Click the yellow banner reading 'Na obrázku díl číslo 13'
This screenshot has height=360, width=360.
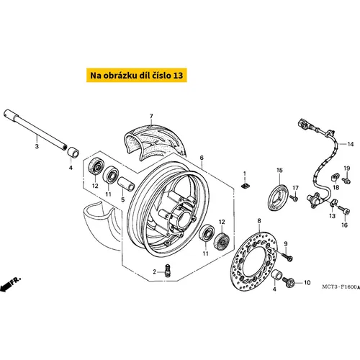coord(137,75)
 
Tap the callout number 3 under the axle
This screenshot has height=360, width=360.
coord(37,146)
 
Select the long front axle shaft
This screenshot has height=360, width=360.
coord(35,130)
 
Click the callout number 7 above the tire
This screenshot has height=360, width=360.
coord(151,116)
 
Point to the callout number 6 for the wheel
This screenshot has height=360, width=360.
coord(202,158)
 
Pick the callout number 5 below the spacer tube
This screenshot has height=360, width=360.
coord(123,199)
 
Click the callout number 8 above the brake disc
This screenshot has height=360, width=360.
coord(259,220)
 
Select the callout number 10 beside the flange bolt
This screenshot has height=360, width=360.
coord(307,283)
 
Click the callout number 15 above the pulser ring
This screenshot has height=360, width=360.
coord(279,170)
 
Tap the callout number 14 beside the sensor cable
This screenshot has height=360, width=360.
coord(351,144)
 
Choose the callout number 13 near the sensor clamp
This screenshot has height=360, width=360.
coord(332,216)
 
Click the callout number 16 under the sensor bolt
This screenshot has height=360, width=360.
coord(344,225)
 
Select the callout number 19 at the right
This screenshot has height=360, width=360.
coord(347,168)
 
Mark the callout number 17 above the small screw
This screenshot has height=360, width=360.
coord(295,188)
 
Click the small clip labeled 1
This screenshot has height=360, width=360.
coord(245,186)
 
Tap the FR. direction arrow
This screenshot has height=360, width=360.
coord(11,284)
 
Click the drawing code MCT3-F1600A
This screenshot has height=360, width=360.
coord(341,287)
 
